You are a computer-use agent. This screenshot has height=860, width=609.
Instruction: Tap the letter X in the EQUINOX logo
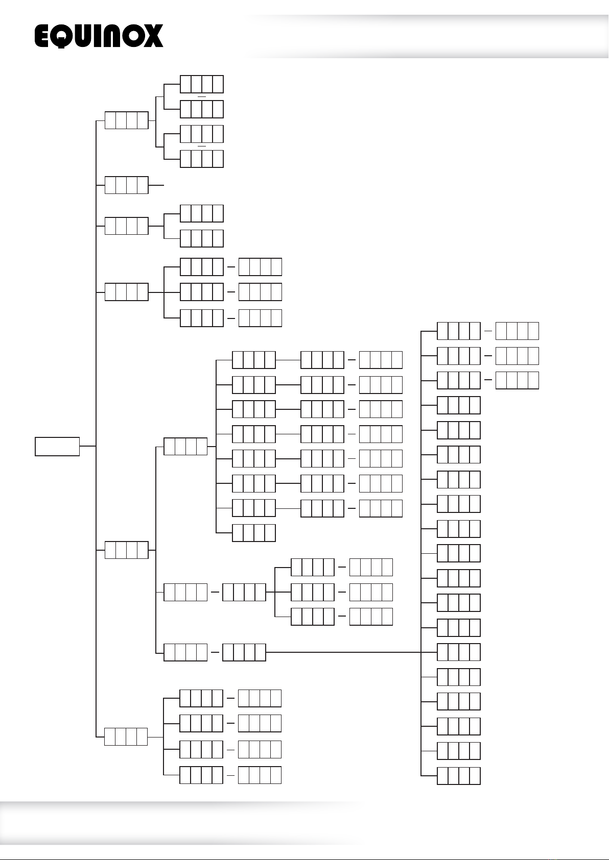(152, 36)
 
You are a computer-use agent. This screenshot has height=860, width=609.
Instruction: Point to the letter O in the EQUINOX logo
(132, 36)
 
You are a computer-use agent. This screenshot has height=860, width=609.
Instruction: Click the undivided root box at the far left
(57, 447)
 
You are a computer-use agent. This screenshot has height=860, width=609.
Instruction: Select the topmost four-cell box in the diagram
(202, 84)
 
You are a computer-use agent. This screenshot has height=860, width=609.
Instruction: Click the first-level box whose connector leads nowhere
(126, 185)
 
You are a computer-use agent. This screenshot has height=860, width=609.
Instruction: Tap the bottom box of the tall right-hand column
(459, 776)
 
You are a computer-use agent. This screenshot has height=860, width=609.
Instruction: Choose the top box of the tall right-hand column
(459, 331)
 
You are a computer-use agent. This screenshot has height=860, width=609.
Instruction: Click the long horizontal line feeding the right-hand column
(343, 652)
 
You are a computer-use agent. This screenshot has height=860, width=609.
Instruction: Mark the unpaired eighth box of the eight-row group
(254, 533)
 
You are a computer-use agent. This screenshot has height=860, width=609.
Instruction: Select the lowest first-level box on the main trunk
(126, 737)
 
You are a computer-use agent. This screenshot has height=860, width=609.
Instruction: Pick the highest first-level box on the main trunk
(126, 120)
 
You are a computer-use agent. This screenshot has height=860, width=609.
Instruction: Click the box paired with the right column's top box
(517, 331)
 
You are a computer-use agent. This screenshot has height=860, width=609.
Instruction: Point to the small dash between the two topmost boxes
(202, 97)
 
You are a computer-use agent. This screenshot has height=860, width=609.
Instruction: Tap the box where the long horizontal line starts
(244, 652)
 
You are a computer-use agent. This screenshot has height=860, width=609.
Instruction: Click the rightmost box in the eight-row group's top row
(381, 360)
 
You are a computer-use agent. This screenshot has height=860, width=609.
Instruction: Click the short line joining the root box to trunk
(87, 446)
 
